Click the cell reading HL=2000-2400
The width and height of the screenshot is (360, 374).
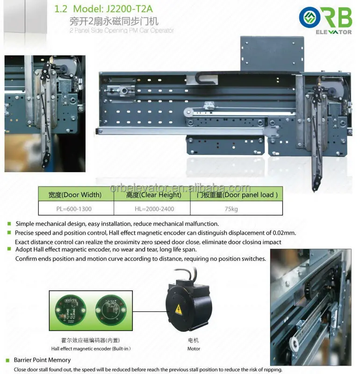click(152, 209)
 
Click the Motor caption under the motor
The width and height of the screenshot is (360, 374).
click(194, 348)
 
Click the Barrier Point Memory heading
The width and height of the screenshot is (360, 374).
click(43, 360)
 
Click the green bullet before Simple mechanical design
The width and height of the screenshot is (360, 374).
click(8, 224)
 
